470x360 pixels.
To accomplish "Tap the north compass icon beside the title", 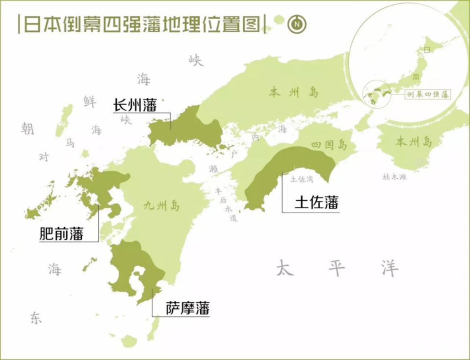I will pyautogui.click(x=297, y=24).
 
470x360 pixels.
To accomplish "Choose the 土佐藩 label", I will pyautogui.click(x=316, y=202).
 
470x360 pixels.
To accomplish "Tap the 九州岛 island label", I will pyautogui.click(x=162, y=205).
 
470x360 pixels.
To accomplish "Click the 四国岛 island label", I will pyautogui.click(x=329, y=145).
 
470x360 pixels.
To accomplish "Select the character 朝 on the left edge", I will pyautogui.click(x=27, y=128).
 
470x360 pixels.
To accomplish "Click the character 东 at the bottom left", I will pyautogui.click(x=36, y=318).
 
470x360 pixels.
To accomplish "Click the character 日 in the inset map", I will pyautogui.click(x=427, y=49).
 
